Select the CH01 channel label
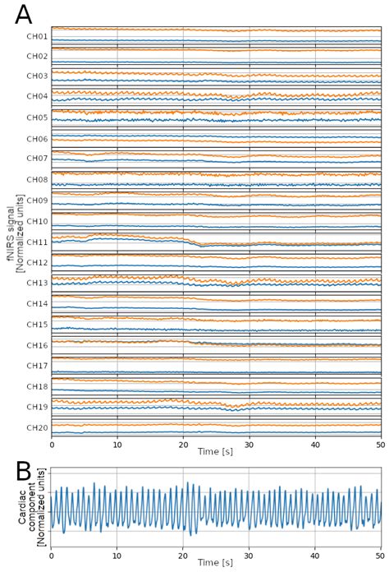37,37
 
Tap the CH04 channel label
37,96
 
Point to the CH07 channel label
37,158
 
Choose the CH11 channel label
37,242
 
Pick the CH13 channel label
37,284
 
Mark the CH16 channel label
37,345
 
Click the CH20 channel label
37,427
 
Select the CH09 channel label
37,200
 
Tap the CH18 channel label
37,386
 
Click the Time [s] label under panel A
216,453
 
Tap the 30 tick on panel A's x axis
249,444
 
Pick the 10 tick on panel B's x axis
117,551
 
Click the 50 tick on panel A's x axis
380,444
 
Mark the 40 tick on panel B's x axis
315,551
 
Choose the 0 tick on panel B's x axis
52,551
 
